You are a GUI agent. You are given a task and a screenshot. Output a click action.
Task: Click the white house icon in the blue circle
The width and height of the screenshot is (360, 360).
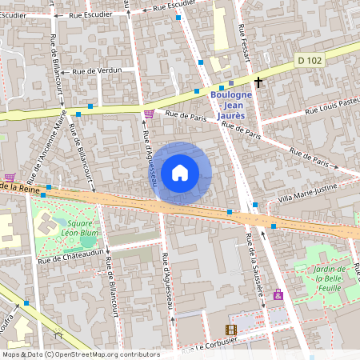(180, 172)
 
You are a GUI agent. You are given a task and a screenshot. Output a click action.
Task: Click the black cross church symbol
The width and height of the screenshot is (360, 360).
(258, 82)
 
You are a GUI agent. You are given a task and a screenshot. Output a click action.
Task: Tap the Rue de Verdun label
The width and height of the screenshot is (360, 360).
(97, 70)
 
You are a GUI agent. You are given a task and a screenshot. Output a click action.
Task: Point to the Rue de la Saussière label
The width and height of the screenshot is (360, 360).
(255, 268)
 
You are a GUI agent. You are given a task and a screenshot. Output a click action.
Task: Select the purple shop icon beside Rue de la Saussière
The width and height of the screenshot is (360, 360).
(278, 295)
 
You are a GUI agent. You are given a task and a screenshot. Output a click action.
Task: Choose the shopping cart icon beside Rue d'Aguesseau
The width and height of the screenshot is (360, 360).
(148, 114)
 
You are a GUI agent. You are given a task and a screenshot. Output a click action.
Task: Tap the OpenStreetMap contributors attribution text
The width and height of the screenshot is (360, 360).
(81, 354)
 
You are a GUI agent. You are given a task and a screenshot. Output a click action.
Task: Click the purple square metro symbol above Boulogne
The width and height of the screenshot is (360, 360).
(231, 83)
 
